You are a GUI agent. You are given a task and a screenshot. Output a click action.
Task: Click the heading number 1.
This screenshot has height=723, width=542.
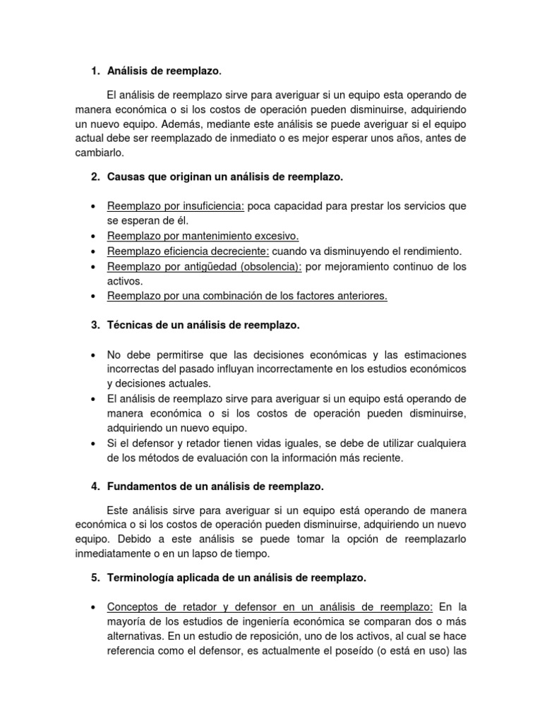pyautogui.click(x=95, y=71)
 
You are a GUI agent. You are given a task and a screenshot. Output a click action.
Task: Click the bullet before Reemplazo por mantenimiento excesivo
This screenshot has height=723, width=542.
pyautogui.click(x=94, y=236)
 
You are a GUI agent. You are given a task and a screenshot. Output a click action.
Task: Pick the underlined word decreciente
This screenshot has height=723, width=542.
pyautogui.click(x=234, y=251)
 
